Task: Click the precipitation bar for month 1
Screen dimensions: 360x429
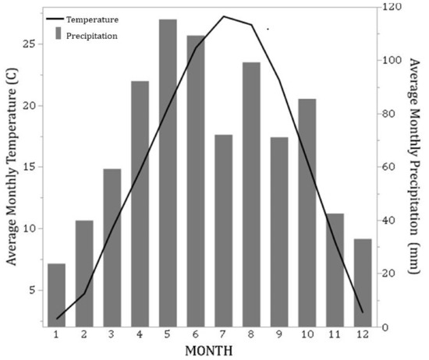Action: click(x=56, y=295)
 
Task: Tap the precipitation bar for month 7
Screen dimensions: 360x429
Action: click(x=223, y=231)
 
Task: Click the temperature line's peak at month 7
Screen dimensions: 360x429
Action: click(x=224, y=16)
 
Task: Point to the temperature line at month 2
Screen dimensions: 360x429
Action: click(x=84, y=294)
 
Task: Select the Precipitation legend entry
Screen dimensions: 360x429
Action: click(x=92, y=35)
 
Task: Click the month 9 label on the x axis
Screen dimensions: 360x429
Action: click(x=279, y=334)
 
